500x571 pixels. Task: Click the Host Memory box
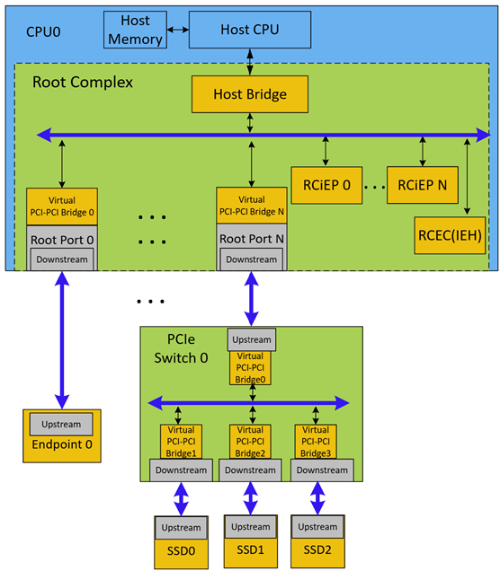(135, 31)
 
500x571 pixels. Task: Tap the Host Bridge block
(250, 92)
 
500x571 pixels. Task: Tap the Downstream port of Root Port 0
(62, 260)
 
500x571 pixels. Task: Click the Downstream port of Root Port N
(251, 260)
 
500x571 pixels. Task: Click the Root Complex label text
(82, 82)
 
